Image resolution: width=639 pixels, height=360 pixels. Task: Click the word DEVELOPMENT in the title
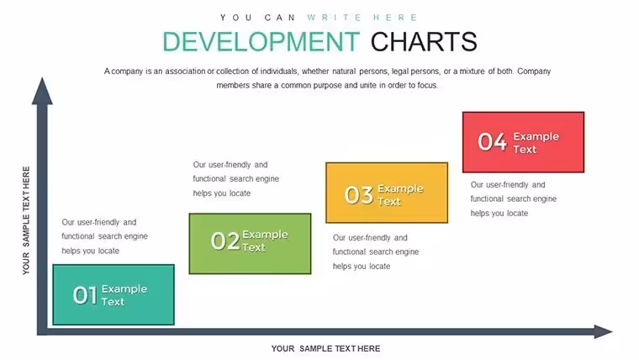[261, 41]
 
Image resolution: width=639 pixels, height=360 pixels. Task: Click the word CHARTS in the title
[424, 41]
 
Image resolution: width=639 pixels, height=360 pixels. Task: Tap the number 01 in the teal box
[85, 295]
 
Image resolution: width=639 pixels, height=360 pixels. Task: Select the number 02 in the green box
[225, 241]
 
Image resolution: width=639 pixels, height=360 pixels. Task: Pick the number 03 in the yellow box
[359, 195]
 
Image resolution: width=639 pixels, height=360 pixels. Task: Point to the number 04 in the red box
[493, 142]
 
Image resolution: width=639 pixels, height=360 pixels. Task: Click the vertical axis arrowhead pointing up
[42, 91]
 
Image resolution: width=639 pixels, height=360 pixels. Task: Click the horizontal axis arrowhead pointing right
[603, 331]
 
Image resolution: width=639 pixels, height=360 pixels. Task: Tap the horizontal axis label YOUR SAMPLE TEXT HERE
[326, 348]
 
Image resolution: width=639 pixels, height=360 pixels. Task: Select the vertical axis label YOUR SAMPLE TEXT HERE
[26, 220]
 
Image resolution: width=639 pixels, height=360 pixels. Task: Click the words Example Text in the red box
[536, 143]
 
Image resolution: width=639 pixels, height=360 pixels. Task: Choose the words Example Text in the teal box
[124, 295]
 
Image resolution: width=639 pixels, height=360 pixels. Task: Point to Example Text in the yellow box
[400, 195]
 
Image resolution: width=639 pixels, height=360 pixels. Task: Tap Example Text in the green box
[266, 241]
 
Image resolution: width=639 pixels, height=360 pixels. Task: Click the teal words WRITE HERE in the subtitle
[362, 18]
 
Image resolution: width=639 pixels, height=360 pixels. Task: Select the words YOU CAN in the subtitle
[257, 18]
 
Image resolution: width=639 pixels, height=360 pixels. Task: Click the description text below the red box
[514, 199]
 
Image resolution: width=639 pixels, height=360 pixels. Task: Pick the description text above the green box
[236, 179]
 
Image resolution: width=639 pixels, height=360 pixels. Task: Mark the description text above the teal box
[105, 236]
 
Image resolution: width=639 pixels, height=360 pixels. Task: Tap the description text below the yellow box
[376, 252]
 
